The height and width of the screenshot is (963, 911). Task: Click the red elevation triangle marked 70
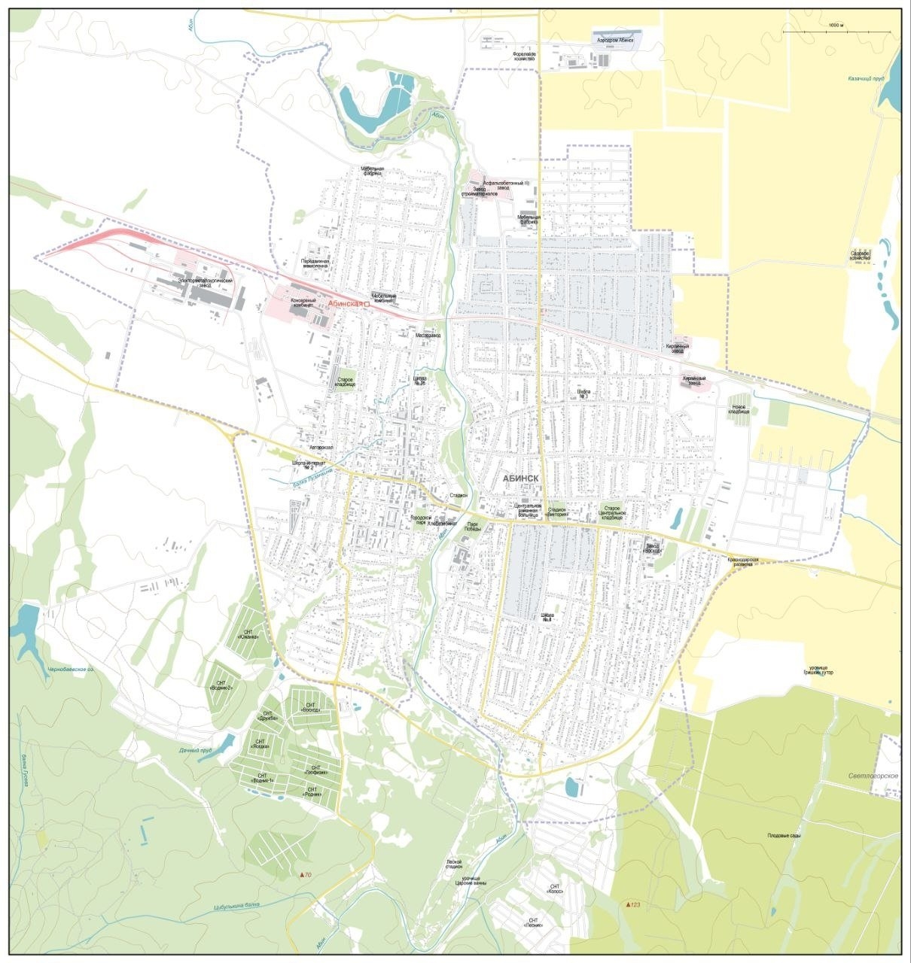[303, 875]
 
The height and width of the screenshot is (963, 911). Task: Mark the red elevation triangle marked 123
[629, 904]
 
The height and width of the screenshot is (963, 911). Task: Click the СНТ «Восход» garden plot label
[310, 707]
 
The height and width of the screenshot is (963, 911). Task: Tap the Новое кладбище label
[739, 409]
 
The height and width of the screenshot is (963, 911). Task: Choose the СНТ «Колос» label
[556, 889]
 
